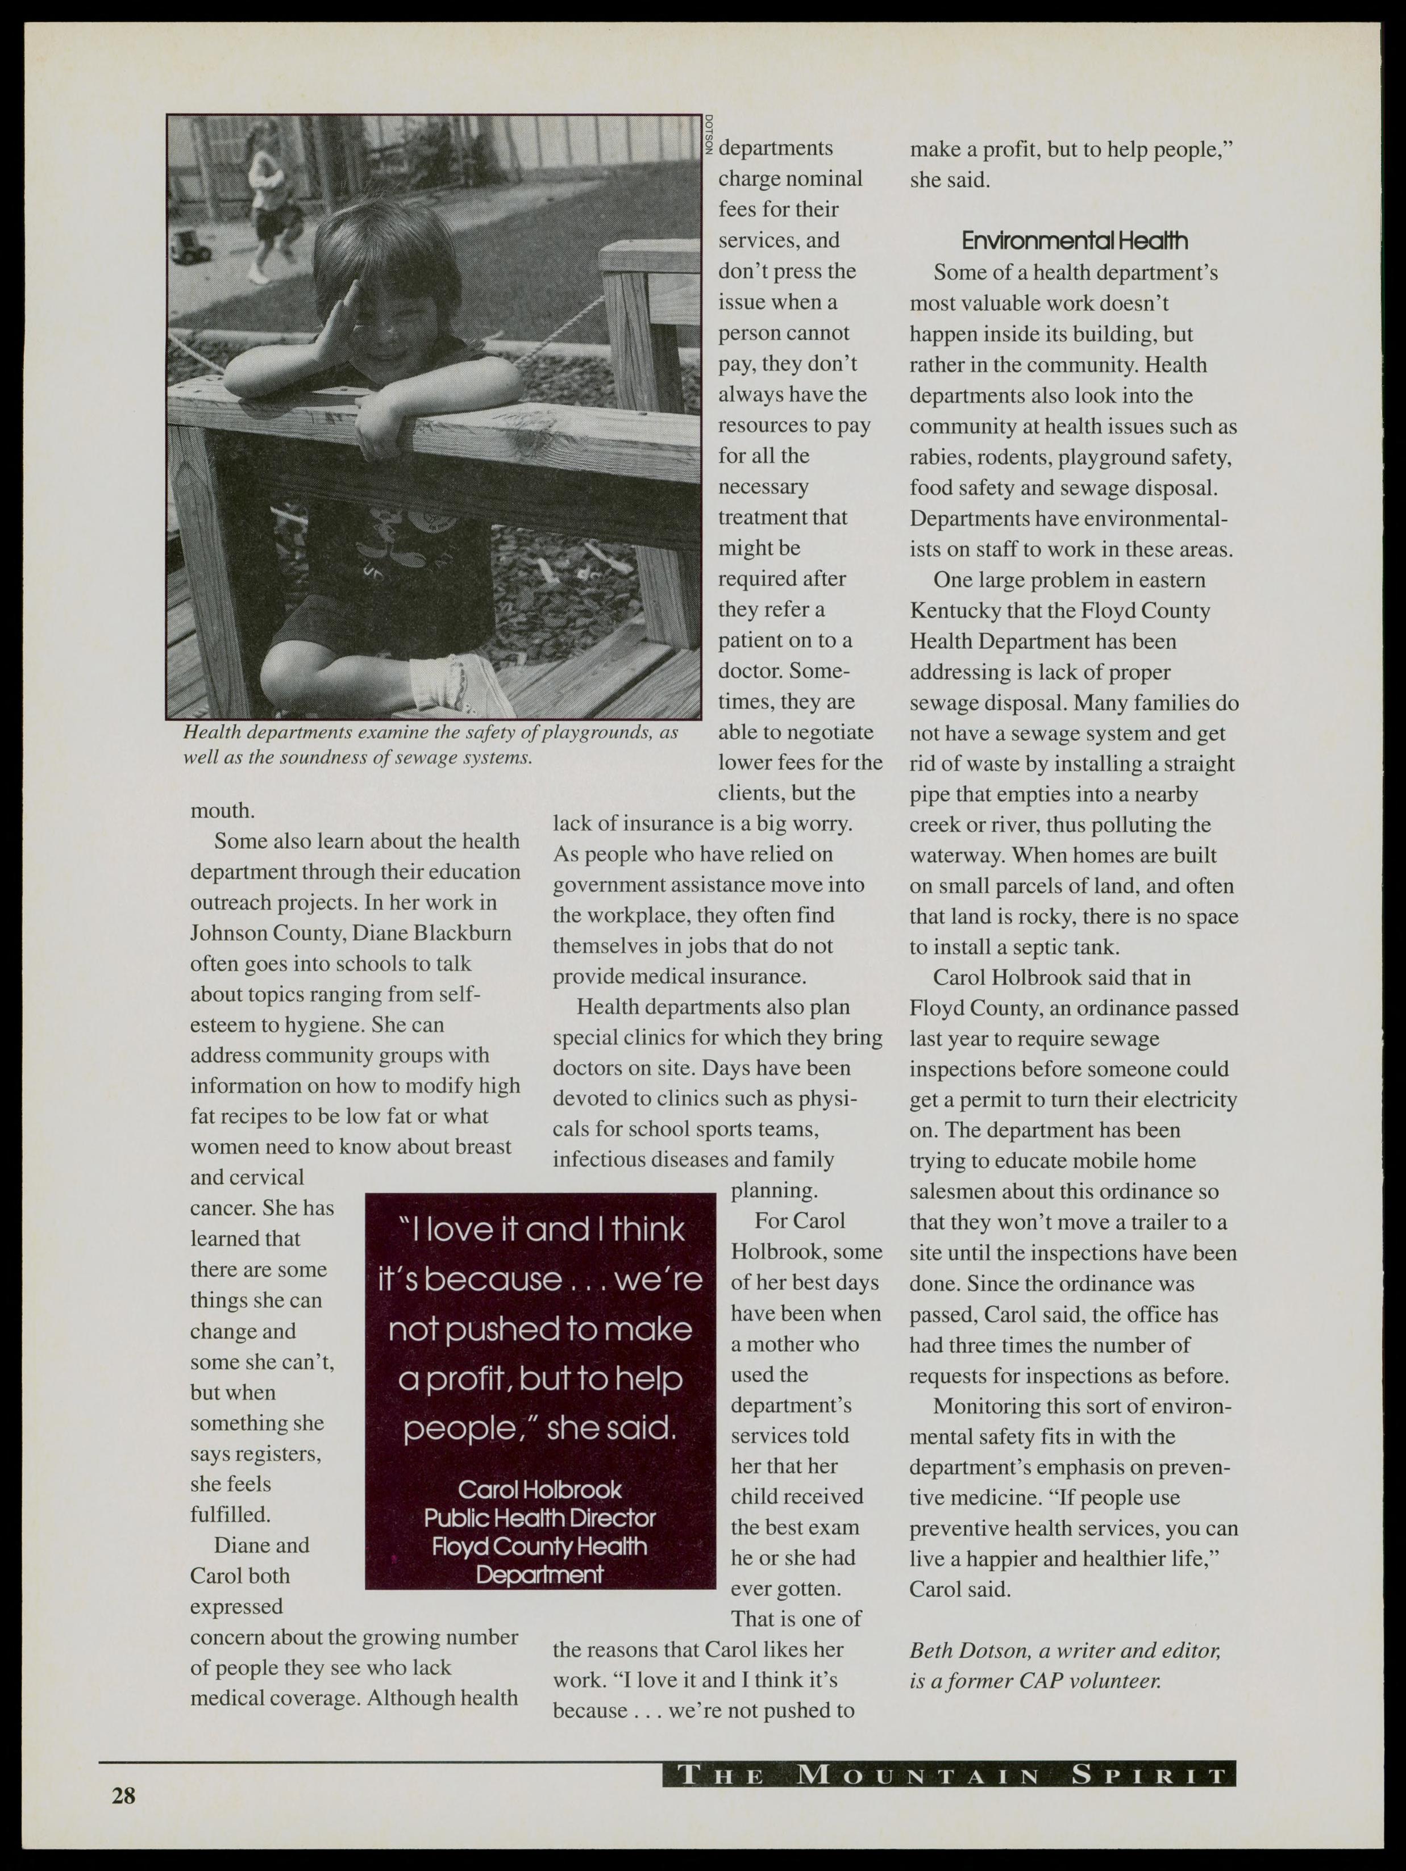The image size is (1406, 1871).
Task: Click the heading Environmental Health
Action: [1074, 241]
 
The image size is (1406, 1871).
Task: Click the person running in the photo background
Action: [268, 199]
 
